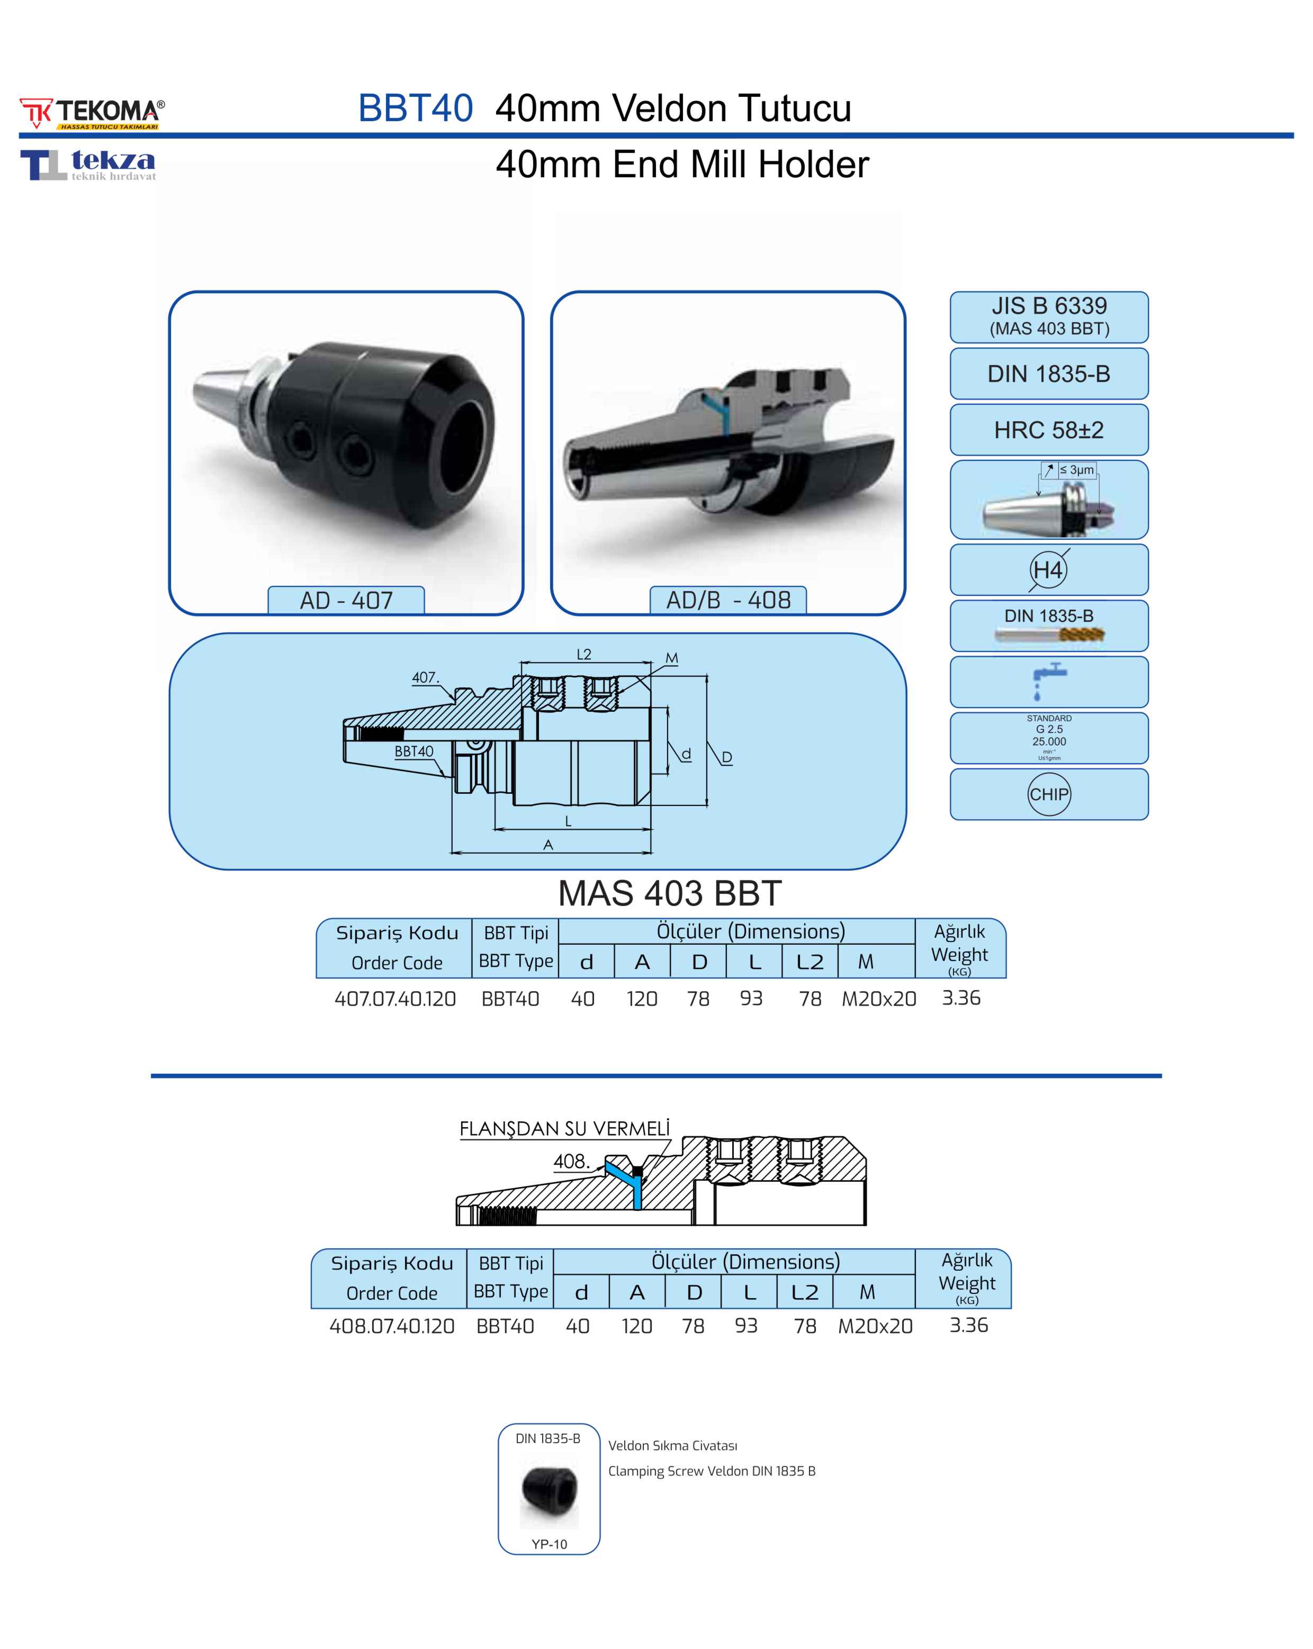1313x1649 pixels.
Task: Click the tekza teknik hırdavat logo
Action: point(88,165)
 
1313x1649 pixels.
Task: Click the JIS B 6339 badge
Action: point(1048,316)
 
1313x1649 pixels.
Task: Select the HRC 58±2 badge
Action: point(1048,430)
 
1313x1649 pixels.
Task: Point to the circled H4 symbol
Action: point(1048,570)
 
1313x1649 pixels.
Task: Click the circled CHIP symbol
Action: point(1048,794)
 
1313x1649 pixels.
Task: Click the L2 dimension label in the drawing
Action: point(584,654)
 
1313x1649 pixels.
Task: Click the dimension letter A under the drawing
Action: point(548,845)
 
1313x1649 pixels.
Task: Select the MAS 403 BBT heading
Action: point(670,893)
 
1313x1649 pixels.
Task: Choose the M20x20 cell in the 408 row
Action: point(875,1326)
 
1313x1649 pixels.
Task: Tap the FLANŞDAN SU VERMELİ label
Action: point(564,1129)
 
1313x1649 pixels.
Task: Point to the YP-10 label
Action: point(550,1544)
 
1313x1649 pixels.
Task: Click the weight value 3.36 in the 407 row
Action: point(961,998)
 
